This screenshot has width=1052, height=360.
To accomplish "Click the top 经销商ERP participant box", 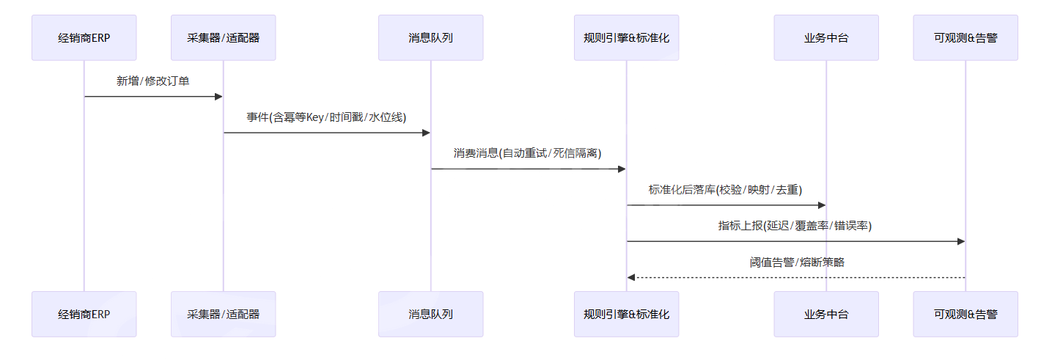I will coord(84,37).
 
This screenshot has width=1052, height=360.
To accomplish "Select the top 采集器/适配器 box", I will coord(223,37).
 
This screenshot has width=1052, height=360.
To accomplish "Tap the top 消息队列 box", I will coord(430,37).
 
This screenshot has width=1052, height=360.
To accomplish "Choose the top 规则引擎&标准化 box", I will coord(626,37).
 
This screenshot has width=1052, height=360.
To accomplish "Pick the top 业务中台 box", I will coord(825,37).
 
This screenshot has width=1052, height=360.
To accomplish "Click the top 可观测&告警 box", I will coord(965,37).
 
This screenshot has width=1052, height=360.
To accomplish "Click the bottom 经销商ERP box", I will coord(84,314).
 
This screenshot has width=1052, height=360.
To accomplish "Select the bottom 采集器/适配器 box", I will coord(223,314).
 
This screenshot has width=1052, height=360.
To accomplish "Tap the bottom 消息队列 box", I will coord(430,314).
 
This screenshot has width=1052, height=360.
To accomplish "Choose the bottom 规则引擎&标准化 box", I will coord(626,314).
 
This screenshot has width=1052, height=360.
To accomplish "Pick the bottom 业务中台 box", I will coord(825,314).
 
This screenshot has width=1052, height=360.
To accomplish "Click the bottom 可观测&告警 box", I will coord(965,314).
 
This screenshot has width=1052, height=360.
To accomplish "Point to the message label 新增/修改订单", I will coord(153,81).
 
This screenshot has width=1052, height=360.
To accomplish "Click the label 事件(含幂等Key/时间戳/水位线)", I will coord(326,117).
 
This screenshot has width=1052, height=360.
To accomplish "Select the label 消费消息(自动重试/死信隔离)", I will coord(528,153).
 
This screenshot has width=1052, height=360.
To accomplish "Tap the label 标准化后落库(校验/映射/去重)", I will coord(726,189).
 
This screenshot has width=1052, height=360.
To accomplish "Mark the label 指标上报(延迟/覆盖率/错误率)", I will coord(795,226).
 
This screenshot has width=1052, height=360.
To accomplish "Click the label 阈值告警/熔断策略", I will coord(795,262).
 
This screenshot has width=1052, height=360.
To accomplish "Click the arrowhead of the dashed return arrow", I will coord(631,277).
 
